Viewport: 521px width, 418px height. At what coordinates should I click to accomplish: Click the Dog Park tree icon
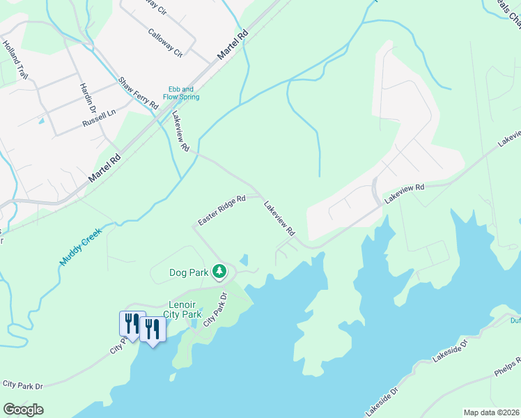point(219,271)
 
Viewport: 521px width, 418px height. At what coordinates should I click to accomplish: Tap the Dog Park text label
point(189,272)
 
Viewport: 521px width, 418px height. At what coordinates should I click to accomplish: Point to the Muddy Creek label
point(80,247)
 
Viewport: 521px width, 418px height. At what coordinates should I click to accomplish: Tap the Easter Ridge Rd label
point(221,210)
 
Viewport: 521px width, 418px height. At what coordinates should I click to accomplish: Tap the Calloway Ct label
point(165,42)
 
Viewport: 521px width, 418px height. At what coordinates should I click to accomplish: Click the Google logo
point(23,410)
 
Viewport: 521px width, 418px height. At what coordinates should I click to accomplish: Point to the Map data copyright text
point(491,412)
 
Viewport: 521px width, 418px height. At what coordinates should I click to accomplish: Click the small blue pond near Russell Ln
point(41,121)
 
